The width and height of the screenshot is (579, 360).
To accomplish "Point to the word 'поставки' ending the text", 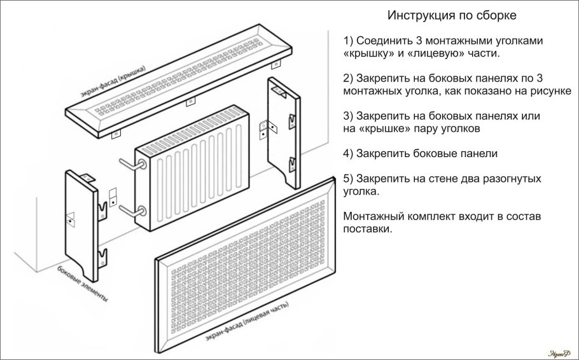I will (x=366, y=229).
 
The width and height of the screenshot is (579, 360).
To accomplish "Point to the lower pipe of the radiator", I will (x=129, y=210).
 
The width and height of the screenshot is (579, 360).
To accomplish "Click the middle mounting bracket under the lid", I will (x=189, y=102).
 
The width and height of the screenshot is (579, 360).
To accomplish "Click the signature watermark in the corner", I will (x=559, y=351).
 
